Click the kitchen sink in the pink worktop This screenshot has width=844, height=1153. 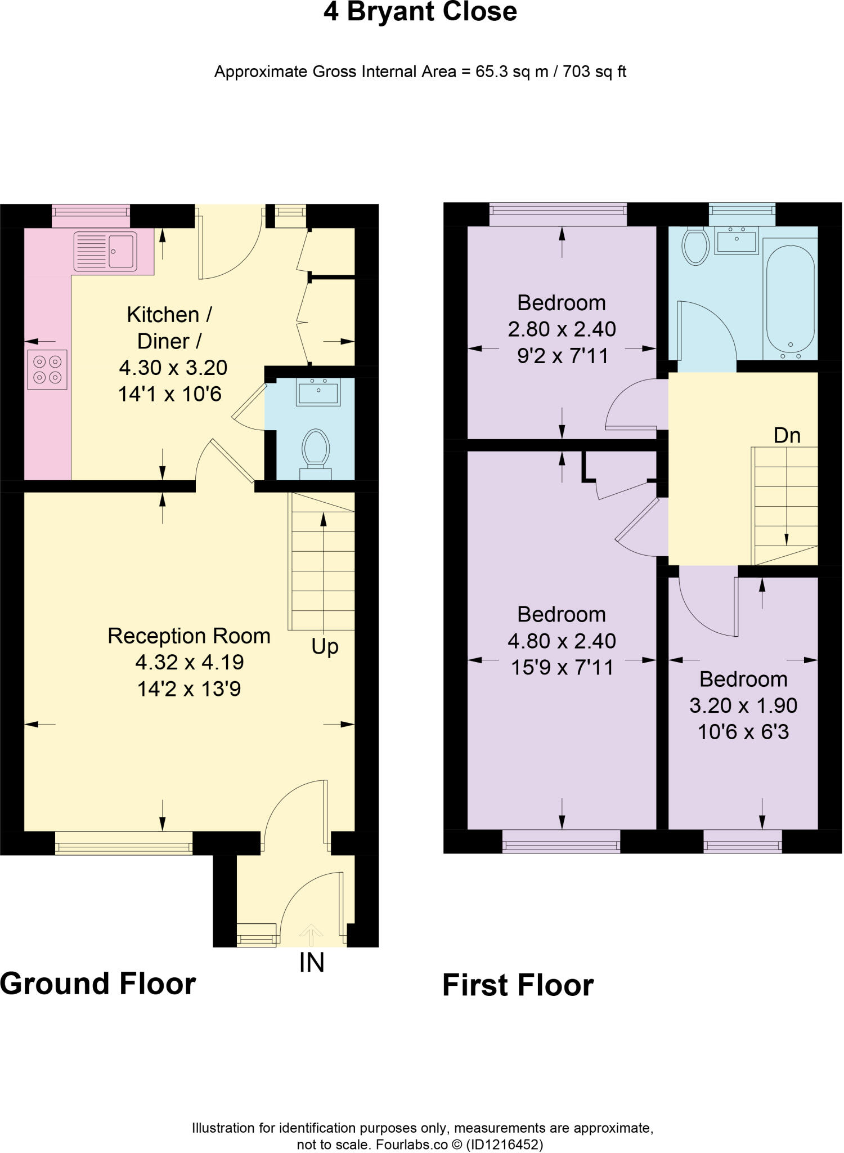(105, 251)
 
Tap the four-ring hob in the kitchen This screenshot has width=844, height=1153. (47, 369)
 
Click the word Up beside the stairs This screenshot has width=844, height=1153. (325, 647)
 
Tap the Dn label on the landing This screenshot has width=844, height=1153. (787, 435)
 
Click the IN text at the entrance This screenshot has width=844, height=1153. (312, 963)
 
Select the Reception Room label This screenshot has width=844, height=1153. (189, 636)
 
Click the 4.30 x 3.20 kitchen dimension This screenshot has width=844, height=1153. (173, 368)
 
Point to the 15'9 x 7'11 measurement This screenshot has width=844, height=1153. (562, 668)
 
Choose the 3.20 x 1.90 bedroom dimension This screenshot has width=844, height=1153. (743, 705)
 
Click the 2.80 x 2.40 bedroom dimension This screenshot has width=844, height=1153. (562, 329)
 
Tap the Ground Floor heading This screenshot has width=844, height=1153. (98, 984)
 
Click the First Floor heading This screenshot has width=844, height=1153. (518, 985)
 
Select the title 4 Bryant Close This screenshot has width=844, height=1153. (420, 12)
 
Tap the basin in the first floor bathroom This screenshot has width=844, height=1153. (737, 240)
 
